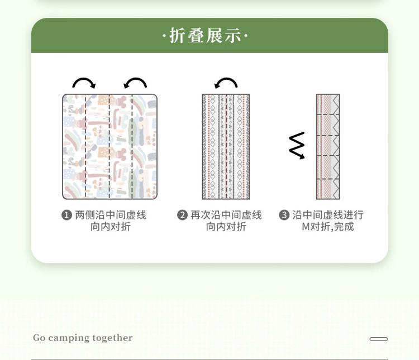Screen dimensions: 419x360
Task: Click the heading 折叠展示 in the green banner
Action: coord(205,36)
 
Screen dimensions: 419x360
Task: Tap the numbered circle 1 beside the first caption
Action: coord(66,215)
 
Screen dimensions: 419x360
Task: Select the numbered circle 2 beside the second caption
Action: coord(182,215)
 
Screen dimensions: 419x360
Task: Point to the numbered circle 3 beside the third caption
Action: coord(284,215)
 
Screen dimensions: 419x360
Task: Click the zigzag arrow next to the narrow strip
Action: coord(297,146)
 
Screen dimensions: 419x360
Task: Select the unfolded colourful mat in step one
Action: coord(110,147)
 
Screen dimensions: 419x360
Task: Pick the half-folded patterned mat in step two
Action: coord(226,147)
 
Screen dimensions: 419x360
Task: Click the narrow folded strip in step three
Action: coord(328,147)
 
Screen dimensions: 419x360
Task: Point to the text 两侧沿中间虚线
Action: coord(111,215)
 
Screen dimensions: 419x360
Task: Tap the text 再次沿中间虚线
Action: coord(226,215)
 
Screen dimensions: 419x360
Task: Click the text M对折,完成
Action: coord(328,227)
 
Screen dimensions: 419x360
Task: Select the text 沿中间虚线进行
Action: coord(328,215)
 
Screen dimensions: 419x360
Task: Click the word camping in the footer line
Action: coord(69,338)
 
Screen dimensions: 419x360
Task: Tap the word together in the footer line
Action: coord(112,338)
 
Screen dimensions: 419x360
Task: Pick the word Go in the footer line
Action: coord(39,338)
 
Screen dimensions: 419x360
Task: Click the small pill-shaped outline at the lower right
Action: coord(379,339)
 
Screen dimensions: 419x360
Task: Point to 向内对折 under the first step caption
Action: coord(111,227)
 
